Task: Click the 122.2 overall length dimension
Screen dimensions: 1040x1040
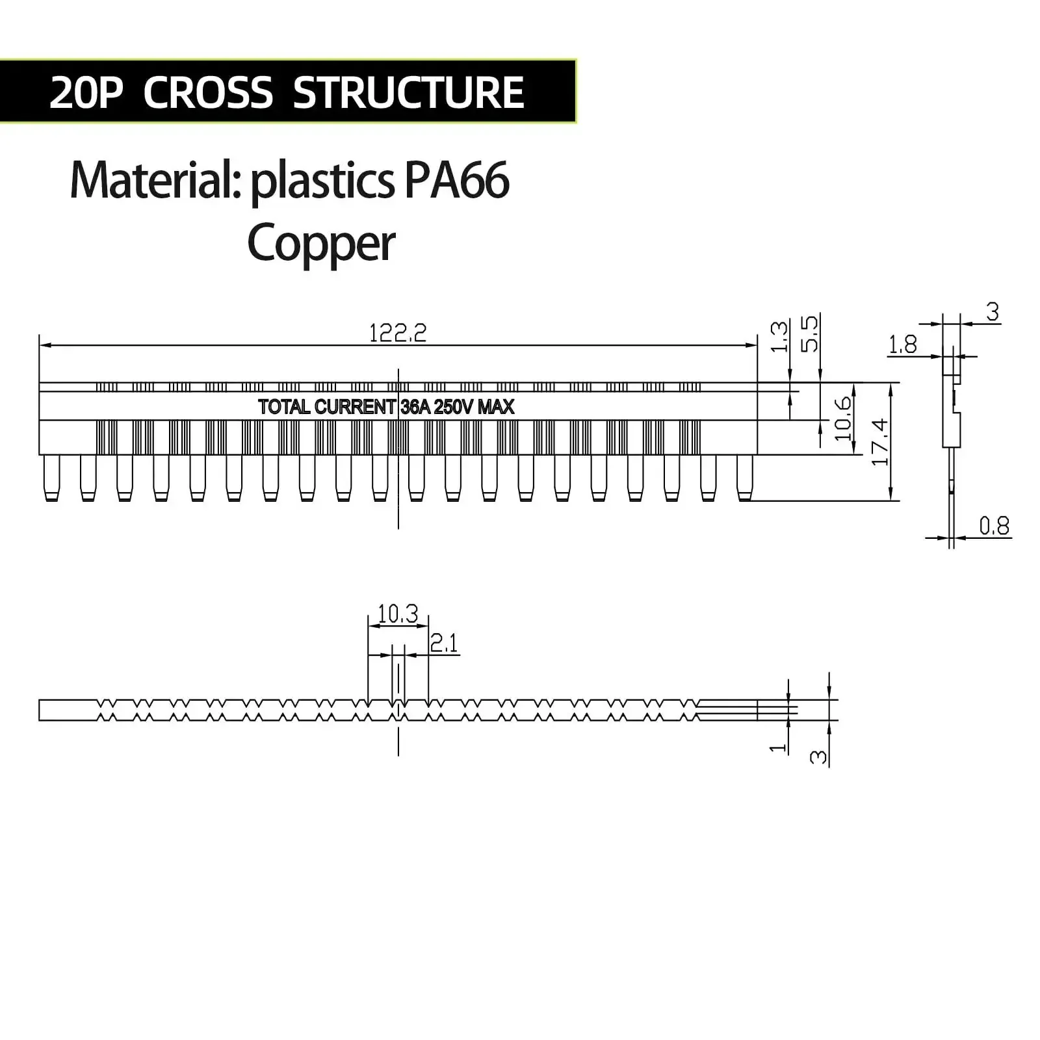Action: (x=398, y=333)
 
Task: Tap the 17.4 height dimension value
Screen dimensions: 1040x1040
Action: (x=880, y=442)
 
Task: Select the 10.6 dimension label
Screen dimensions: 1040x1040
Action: (x=843, y=418)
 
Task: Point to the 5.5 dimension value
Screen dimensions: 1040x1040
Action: (x=810, y=333)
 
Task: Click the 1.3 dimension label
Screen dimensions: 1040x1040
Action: (x=779, y=336)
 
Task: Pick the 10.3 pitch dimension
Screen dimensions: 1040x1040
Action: (x=398, y=613)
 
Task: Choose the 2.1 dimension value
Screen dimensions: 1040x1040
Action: (x=445, y=643)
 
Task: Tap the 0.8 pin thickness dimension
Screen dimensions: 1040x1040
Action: (x=994, y=525)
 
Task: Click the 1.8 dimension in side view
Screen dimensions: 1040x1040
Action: (x=903, y=344)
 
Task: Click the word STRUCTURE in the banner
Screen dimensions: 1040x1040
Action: (x=409, y=92)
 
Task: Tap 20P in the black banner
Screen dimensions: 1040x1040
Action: (x=86, y=92)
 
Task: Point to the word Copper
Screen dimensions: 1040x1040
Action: (x=321, y=244)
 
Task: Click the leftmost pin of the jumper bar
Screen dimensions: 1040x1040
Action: (x=51, y=478)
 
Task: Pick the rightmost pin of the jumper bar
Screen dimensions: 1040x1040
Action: (x=744, y=478)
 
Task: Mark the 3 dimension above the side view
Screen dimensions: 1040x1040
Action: (x=993, y=312)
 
